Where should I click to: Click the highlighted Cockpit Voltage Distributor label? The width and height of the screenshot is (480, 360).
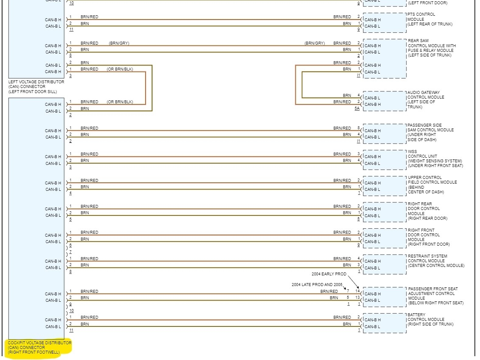(40, 347)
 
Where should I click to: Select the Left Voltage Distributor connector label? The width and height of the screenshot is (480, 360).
(36, 87)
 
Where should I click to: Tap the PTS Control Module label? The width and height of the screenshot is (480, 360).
(429, 19)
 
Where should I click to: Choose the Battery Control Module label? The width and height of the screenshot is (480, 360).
(430, 320)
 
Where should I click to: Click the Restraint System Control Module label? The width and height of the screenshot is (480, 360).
(436, 261)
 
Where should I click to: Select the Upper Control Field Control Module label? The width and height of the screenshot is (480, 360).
(432, 185)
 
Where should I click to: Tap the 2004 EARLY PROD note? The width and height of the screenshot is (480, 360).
(329, 274)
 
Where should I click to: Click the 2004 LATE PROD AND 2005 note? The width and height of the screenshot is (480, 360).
(317, 284)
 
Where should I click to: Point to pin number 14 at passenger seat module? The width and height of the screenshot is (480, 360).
(358, 291)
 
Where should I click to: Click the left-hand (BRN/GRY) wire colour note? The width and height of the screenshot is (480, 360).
(119, 43)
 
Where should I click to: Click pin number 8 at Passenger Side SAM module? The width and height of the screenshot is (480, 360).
(359, 128)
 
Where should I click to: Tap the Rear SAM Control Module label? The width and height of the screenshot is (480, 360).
(432, 48)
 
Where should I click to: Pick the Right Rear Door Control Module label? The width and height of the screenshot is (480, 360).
(427, 211)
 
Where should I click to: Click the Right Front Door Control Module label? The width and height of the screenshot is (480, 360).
(429, 237)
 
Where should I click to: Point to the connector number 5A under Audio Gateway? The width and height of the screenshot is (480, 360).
(357, 109)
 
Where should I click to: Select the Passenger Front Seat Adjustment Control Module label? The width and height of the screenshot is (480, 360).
(435, 296)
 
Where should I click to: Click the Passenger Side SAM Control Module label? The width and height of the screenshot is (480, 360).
(430, 133)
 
